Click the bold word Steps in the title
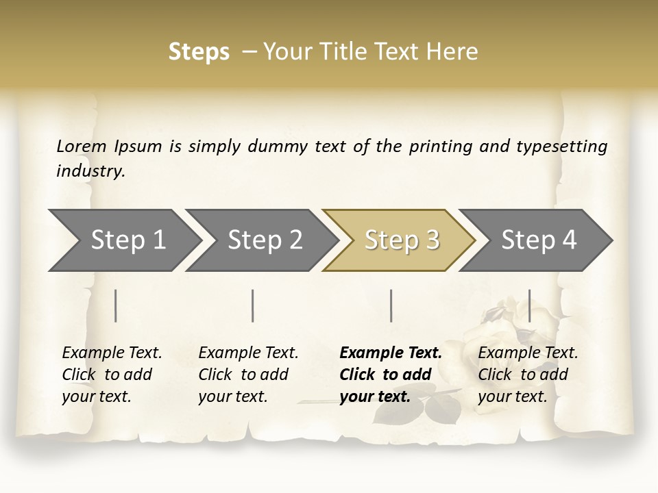[x=199, y=52]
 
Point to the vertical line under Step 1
[x=116, y=305]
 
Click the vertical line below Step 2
[x=253, y=305]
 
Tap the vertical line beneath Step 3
[x=391, y=305]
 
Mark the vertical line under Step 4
[x=530, y=305]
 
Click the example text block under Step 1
[x=112, y=375]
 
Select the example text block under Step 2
[x=248, y=375]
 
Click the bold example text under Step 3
[x=391, y=375]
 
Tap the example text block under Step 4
[x=528, y=375]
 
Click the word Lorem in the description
[x=81, y=146]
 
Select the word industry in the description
[x=90, y=170]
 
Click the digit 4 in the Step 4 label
[x=568, y=240]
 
